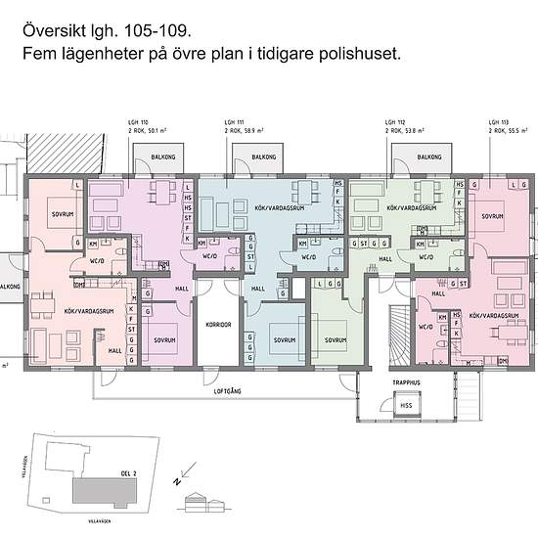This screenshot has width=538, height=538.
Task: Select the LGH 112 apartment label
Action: pyautogui.click(x=395, y=122)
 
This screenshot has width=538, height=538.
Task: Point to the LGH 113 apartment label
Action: pyautogui.click(x=497, y=122)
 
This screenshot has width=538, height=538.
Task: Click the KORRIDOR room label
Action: pyautogui.click(x=217, y=325)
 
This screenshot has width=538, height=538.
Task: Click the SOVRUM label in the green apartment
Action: pyautogui.click(x=336, y=340)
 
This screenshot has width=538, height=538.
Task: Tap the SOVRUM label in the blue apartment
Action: pyautogui.click(x=284, y=340)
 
